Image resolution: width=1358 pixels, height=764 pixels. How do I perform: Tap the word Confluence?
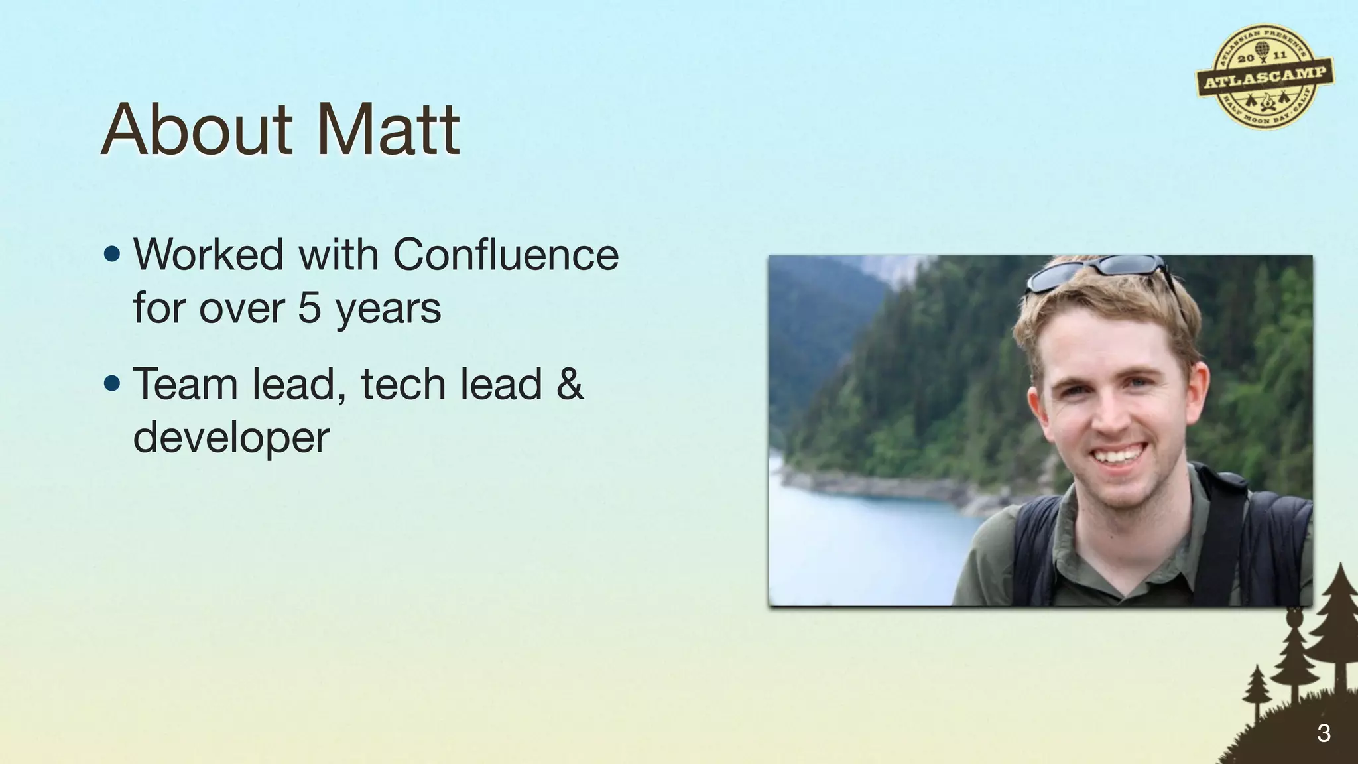(505, 255)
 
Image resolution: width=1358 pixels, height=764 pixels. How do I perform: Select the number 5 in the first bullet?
(310, 308)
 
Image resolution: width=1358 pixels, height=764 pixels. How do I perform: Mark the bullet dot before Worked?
(113, 255)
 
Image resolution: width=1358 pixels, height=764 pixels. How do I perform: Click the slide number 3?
(1324, 733)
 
